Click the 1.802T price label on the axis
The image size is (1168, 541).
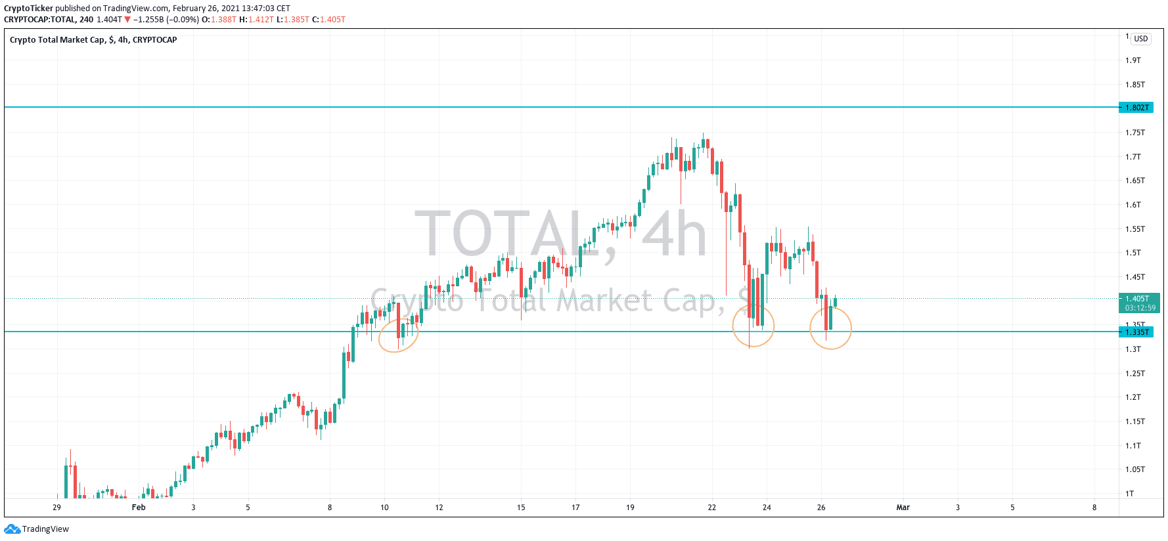click(x=1136, y=107)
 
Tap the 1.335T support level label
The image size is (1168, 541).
click(x=1136, y=332)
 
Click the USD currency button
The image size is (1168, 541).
click(x=1140, y=39)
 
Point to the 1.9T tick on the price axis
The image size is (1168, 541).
click(x=1133, y=60)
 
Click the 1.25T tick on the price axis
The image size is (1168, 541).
click(x=1134, y=374)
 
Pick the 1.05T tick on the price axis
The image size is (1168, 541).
click(x=1134, y=469)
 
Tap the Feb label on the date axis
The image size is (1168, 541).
click(x=139, y=508)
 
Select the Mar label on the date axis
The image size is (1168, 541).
click(x=903, y=508)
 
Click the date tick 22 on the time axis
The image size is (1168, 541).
click(x=711, y=508)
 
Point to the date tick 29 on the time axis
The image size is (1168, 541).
click(x=56, y=508)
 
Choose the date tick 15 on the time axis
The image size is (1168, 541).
click(x=521, y=508)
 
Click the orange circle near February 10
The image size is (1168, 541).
click(x=398, y=335)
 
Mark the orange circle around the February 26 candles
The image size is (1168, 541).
click(x=830, y=328)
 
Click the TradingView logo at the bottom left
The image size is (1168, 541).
click(x=37, y=529)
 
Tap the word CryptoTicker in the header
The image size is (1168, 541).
click(x=28, y=9)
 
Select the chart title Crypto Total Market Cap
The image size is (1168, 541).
click(x=93, y=40)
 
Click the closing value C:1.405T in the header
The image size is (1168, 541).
click(x=328, y=20)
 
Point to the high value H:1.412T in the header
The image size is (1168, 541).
click(x=256, y=20)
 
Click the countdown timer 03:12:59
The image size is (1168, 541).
click(x=1140, y=308)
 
